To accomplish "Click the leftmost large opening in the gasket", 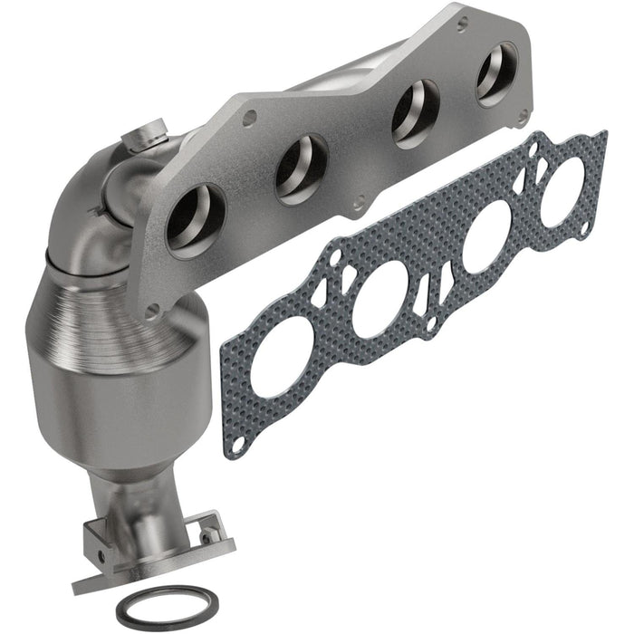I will [282, 358].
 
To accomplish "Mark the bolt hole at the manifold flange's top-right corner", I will [523, 115].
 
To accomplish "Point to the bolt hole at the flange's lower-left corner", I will [152, 310].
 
